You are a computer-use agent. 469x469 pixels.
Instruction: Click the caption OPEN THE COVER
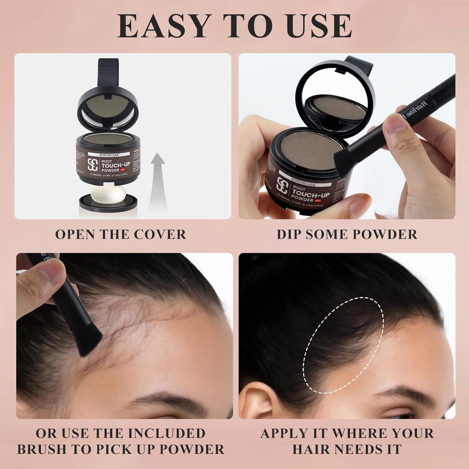pos(121,234)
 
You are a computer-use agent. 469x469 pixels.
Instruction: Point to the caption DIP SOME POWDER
pos(347,234)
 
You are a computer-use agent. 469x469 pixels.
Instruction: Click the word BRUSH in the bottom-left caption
pos(41,449)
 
